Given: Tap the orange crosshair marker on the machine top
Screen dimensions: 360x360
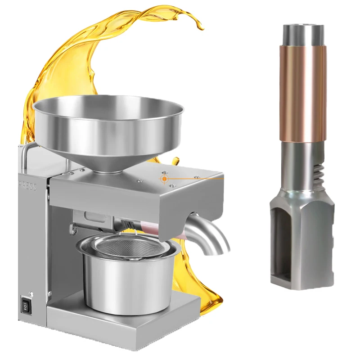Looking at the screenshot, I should (165, 179).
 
